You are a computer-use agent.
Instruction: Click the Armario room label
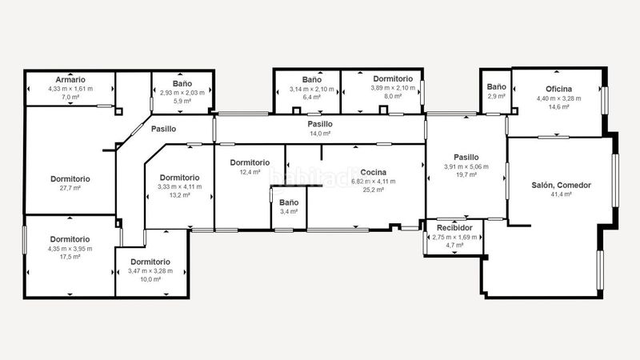pos(70,79)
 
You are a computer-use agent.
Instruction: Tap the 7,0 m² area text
pos(70,97)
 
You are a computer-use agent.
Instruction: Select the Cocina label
pos(373,172)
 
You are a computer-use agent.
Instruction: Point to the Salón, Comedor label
pos(561,186)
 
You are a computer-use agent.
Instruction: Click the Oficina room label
pos(558,89)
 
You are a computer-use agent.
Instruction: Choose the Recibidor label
pos(454,228)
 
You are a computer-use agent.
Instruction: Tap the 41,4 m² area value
pos(561,194)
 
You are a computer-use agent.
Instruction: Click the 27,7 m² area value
pos(70,188)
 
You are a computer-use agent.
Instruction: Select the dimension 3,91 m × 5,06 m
pos(466,166)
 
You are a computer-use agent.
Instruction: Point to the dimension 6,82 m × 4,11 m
pos(373,182)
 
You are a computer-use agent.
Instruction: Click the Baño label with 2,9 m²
pos(496,87)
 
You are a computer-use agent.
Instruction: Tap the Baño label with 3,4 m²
pos(289,202)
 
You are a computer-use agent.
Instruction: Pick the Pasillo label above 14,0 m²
pos(320,124)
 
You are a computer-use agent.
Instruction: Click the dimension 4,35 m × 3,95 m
pos(70,249)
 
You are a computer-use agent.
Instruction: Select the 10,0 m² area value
pos(150,279)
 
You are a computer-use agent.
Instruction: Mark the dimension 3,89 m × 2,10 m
pos(393,88)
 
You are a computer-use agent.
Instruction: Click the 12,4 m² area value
pos(250,172)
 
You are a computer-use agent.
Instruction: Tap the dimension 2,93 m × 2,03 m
pos(182,93)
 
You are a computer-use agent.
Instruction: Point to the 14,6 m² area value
pos(558,107)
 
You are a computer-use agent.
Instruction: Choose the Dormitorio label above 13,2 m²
pos(179,178)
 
